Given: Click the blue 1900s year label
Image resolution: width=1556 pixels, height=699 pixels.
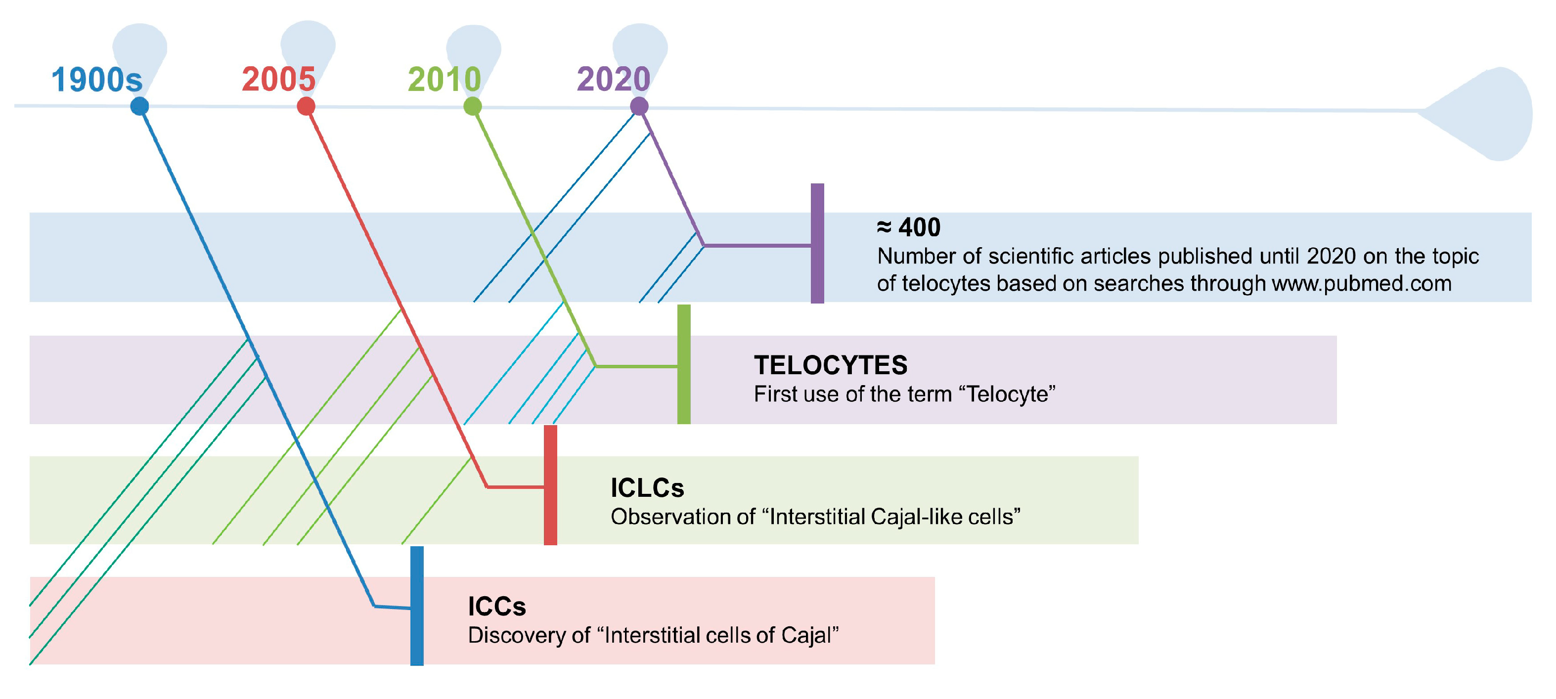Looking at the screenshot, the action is point(96,80).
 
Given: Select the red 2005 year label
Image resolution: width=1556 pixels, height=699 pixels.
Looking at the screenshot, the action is point(278,79).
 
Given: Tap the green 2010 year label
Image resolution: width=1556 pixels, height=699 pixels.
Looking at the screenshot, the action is point(445,79).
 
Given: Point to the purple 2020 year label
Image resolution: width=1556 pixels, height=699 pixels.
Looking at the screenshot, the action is point(614,79).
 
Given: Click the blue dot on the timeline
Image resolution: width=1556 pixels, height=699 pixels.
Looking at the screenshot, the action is point(139,106).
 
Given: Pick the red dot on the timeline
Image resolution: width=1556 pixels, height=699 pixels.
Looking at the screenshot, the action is point(306,106).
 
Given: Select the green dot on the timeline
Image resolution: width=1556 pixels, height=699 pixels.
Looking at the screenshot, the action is point(472,106).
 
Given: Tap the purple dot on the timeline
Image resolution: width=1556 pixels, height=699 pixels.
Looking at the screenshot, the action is point(639,106).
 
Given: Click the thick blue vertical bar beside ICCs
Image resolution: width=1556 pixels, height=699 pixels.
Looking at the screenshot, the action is point(417,606).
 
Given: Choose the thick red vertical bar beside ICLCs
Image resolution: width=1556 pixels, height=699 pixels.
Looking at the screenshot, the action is point(550,485).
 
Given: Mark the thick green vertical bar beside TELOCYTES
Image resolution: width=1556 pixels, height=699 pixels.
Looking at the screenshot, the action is point(684,364).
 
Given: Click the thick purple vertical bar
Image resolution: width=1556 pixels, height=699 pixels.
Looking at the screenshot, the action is point(817,244).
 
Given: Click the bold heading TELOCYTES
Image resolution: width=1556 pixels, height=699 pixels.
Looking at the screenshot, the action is point(831,365).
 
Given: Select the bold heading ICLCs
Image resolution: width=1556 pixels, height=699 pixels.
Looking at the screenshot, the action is point(647,488).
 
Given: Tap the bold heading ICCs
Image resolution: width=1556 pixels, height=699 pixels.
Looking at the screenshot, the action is point(496,607).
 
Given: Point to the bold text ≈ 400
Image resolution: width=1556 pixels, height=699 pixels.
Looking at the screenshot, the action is point(908,228).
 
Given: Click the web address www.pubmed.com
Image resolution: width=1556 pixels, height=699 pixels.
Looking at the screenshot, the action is point(1362,283).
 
